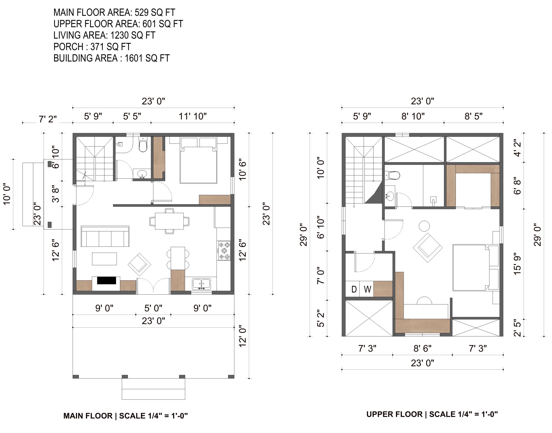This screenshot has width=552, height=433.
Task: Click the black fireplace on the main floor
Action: click(107, 280)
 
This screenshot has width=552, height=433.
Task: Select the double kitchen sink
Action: click(201, 284)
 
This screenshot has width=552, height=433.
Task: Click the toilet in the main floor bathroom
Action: click(143, 145)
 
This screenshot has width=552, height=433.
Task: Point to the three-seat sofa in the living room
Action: click(105, 236)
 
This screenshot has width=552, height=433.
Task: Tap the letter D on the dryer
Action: click(354, 289)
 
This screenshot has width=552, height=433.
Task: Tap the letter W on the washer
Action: click(367, 289)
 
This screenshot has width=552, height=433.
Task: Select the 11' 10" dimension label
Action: click(193, 116)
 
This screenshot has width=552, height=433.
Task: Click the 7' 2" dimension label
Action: click(48, 119)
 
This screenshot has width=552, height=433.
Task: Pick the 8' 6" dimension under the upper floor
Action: click(422, 349)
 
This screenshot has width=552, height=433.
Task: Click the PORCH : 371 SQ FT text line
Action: click(92, 47)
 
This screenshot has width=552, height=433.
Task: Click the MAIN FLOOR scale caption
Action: click(125, 416)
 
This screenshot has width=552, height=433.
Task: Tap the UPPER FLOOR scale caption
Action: click(432, 414)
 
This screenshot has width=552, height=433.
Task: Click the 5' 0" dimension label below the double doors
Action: click(153, 308)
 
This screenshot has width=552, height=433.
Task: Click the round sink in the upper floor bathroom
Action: click(389, 196)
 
